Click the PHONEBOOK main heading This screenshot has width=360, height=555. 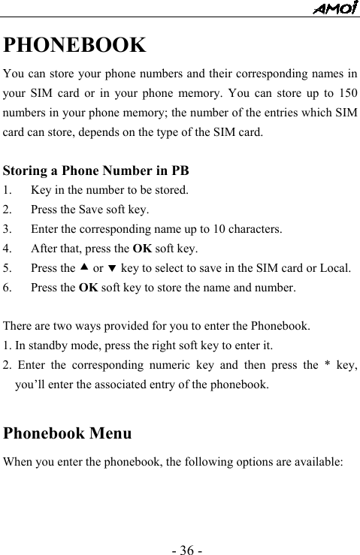tap(74, 45)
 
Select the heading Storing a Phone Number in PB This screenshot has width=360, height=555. tap(95, 170)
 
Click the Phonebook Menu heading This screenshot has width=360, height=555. tap(68, 433)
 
